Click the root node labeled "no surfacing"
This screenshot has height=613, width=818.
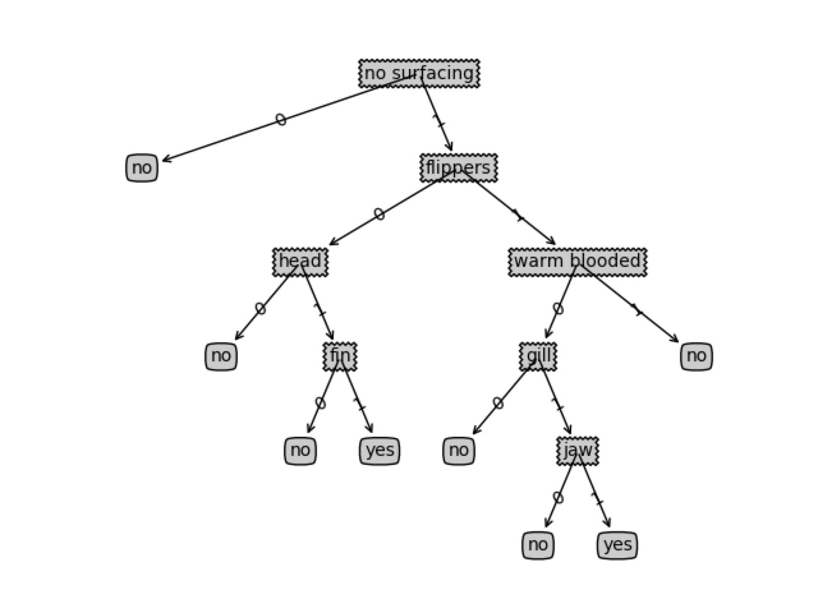click(x=419, y=73)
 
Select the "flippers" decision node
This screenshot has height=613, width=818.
click(x=458, y=168)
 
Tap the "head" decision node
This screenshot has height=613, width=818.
click(x=300, y=262)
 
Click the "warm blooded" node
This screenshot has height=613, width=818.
click(x=577, y=262)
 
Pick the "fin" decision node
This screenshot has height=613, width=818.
click(x=340, y=356)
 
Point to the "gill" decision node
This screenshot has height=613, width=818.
click(x=538, y=356)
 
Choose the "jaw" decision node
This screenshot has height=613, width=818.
click(x=578, y=451)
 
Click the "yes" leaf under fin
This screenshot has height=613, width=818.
click(x=380, y=451)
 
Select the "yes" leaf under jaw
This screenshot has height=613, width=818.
click(x=617, y=545)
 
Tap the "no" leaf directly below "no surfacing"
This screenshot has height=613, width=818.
click(x=142, y=168)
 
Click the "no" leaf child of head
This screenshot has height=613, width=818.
click(x=221, y=356)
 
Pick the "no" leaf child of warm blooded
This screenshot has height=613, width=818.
click(x=697, y=356)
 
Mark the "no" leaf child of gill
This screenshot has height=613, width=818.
click(x=459, y=451)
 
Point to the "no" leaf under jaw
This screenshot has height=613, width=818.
click(x=538, y=545)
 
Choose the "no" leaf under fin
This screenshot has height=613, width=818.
click(x=300, y=451)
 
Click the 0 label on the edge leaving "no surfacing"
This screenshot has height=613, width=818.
click(x=281, y=119)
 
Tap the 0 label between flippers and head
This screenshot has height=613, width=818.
click(x=379, y=214)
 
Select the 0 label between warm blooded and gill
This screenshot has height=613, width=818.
click(x=558, y=309)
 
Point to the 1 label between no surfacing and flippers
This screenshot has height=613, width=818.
click(x=438, y=119)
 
